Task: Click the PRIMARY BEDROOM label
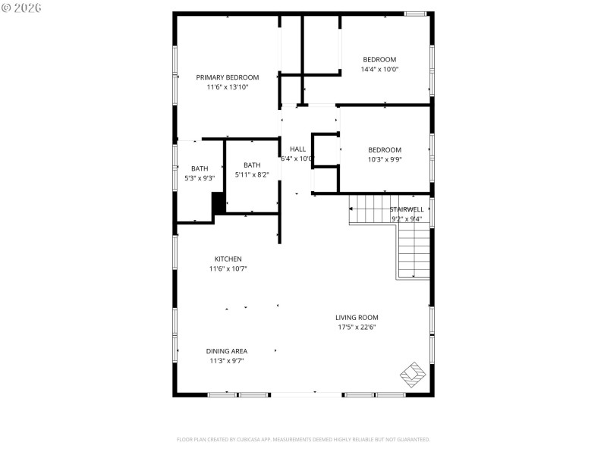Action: click(x=227, y=77)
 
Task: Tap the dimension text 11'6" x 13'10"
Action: click(x=227, y=87)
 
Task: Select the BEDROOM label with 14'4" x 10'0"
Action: click(x=379, y=59)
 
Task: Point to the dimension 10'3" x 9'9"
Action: click(x=385, y=159)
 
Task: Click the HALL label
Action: click(x=297, y=149)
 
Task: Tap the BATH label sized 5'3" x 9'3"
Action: click(x=199, y=168)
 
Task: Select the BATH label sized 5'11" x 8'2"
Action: click(x=252, y=165)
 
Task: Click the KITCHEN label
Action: click(x=228, y=259)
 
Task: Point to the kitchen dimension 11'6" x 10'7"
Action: click(x=228, y=268)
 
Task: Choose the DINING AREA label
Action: click(x=227, y=351)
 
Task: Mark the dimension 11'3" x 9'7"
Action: click(x=227, y=361)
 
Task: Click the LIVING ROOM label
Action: click(x=357, y=317)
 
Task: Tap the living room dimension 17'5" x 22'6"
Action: click(x=357, y=327)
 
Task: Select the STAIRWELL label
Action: click(x=407, y=209)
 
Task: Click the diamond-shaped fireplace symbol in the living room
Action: click(x=414, y=374)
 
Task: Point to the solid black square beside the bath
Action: click(x=218, y=203)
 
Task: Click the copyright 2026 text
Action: click(x=22, y=7)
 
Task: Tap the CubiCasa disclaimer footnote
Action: click(x=303, y=439)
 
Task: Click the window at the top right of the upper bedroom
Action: click(x=414, y=14)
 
